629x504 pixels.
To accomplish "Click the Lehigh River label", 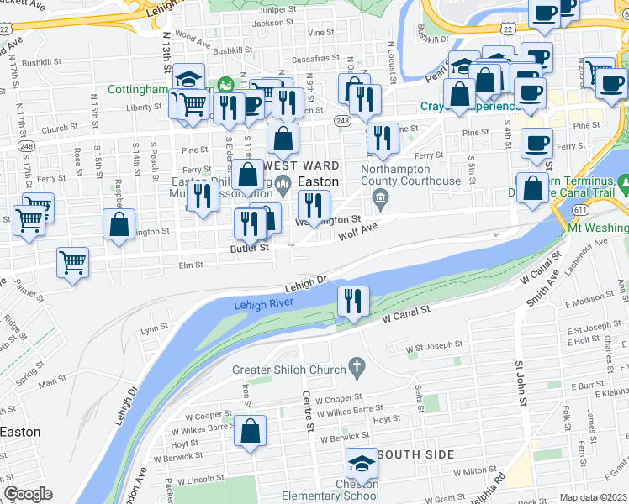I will (x=262, y=306).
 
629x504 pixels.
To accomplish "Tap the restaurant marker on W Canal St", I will (x=352, y=302).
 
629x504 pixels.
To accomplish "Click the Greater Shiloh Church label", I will (x=289, y=370).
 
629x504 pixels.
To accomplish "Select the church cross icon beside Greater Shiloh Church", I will (x=357, y=367).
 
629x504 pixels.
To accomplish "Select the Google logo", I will (x=28, y=494).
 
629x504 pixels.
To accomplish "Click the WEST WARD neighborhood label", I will (x=284, y=165).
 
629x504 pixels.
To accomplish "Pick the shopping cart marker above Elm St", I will (x=73, y=262).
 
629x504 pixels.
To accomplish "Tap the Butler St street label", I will (x=251, y=248).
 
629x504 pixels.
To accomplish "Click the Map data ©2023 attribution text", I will (x=594, y=497).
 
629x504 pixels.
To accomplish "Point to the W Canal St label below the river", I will (x=405, y=314).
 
